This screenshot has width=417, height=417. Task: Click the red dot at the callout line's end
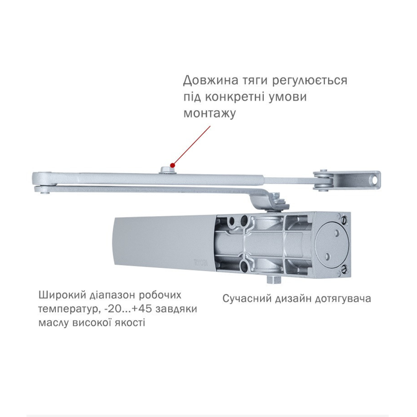pyautogui.click(x=172, y=165)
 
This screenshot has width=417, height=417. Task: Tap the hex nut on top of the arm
pyautogui.click(x=166, y=170)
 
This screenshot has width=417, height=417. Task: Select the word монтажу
pyautogui.click(x=210, y=113)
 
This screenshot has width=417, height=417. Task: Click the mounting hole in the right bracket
pyautogui.click(x=374, y=180)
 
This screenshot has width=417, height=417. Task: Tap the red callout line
pyautogui.click(x=192, y=145)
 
